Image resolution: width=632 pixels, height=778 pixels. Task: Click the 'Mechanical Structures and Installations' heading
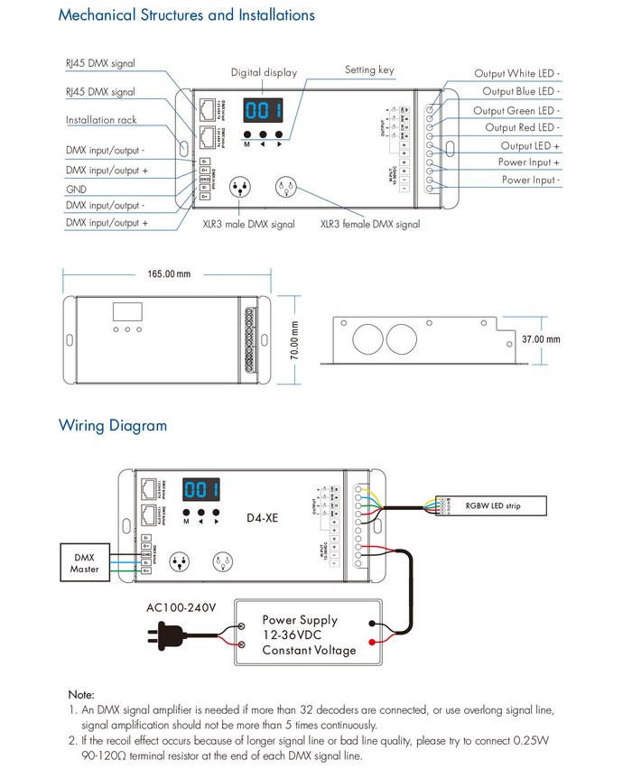click(187, 15)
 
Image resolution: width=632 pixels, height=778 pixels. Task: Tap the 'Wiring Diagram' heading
click(113, 425)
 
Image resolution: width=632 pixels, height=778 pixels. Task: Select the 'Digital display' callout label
click(264, 72)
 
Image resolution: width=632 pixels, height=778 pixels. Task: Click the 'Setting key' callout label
click(369, 69)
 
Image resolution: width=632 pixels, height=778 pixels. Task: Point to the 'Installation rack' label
click(101, 120)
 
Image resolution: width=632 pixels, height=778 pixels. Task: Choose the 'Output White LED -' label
click(517, 73)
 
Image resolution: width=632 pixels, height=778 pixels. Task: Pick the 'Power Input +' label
click(529, 162)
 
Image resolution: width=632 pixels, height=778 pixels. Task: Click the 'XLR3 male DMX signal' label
click(248, 224)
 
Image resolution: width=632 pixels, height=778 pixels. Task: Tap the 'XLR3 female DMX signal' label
click(370, 224)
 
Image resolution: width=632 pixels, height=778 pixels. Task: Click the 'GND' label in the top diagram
click(76, 190)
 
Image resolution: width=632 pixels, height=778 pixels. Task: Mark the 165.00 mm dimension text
click(170, 274)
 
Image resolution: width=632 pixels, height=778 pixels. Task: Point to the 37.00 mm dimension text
click(541, 339)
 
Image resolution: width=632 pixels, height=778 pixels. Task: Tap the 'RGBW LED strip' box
click(492, 505)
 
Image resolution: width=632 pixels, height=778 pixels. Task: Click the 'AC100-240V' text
click(181, 607)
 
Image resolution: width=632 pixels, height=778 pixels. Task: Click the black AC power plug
click(155, 636)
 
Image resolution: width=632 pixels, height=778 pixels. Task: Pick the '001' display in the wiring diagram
click(203, 490)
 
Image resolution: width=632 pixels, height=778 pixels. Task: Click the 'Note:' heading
click(79, 694)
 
